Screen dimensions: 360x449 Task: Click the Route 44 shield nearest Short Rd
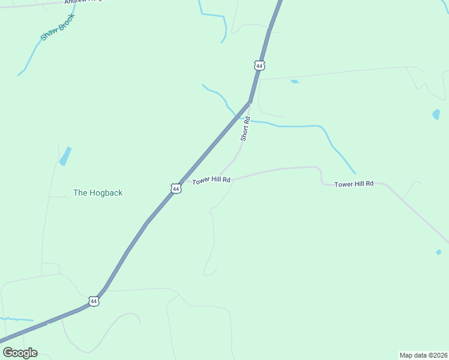click(259, 65)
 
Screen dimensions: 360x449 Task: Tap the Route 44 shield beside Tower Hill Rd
click(175, 188)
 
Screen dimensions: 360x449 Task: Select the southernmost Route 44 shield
click(93, 301)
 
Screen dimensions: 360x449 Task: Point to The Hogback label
click(98, 193)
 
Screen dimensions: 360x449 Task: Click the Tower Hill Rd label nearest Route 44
click(211, 180)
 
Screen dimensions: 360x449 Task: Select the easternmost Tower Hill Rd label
click(354, 184)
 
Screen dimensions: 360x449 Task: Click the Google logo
click(20, 353)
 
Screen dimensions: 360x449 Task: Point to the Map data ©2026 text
click(423, 355)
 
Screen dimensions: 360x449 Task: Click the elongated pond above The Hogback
click(65, 156)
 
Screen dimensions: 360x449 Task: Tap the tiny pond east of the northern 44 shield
click(294, 81)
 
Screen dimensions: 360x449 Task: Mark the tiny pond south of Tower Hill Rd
click(438, 253)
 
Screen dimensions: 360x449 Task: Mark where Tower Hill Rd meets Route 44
click(184, 179)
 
